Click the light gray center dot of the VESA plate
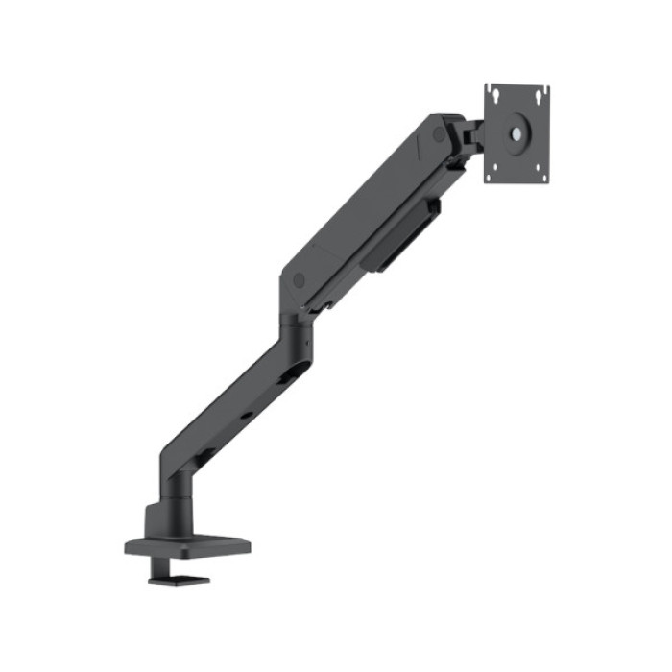[516, 133]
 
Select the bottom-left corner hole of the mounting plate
[492, 176]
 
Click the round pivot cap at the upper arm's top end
[440, 135]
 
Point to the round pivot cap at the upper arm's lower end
[299, 280]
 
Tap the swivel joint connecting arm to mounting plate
[470, 136]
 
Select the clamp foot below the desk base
[179, 578]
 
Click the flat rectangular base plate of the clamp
[188, 546]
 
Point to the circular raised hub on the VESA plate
[516, 133]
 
